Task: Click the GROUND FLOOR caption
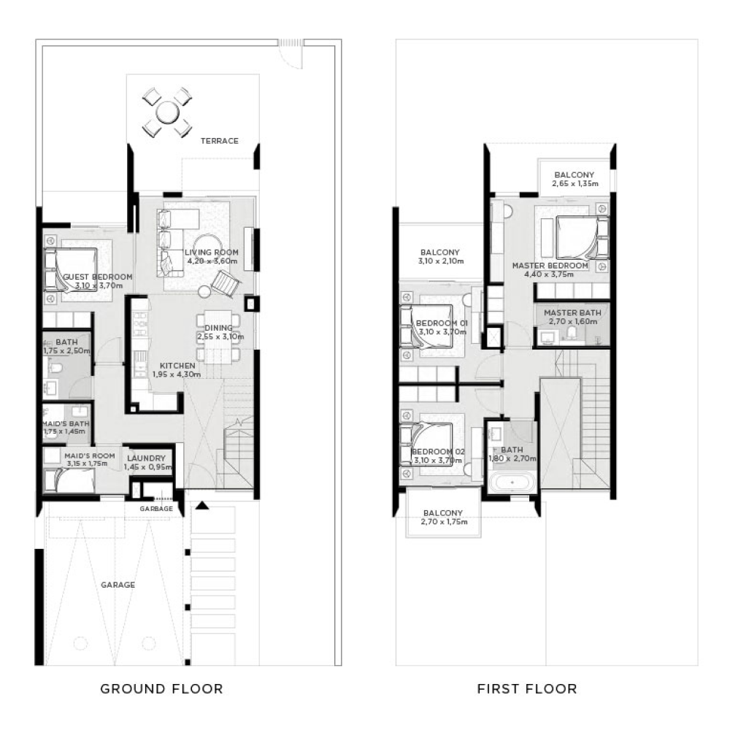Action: [161, 688]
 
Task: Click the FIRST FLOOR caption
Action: [527, 688]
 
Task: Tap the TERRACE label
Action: [220, 141]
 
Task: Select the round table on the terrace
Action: [167, 112]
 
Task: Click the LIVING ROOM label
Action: [212, 252]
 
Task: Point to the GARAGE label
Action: [118, 585]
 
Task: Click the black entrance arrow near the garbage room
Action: [202, 504]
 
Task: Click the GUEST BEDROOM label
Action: [97, 277]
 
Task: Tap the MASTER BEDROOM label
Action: [550, 266]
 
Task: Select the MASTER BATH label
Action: [572, 312]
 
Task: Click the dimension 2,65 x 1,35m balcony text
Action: [574, 184]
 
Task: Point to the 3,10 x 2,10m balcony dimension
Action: [440, 261]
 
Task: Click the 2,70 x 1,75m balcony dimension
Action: [443, 522]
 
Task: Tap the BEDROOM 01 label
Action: [441, 323]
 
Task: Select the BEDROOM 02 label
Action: [438, 451]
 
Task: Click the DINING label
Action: [219, 328]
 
